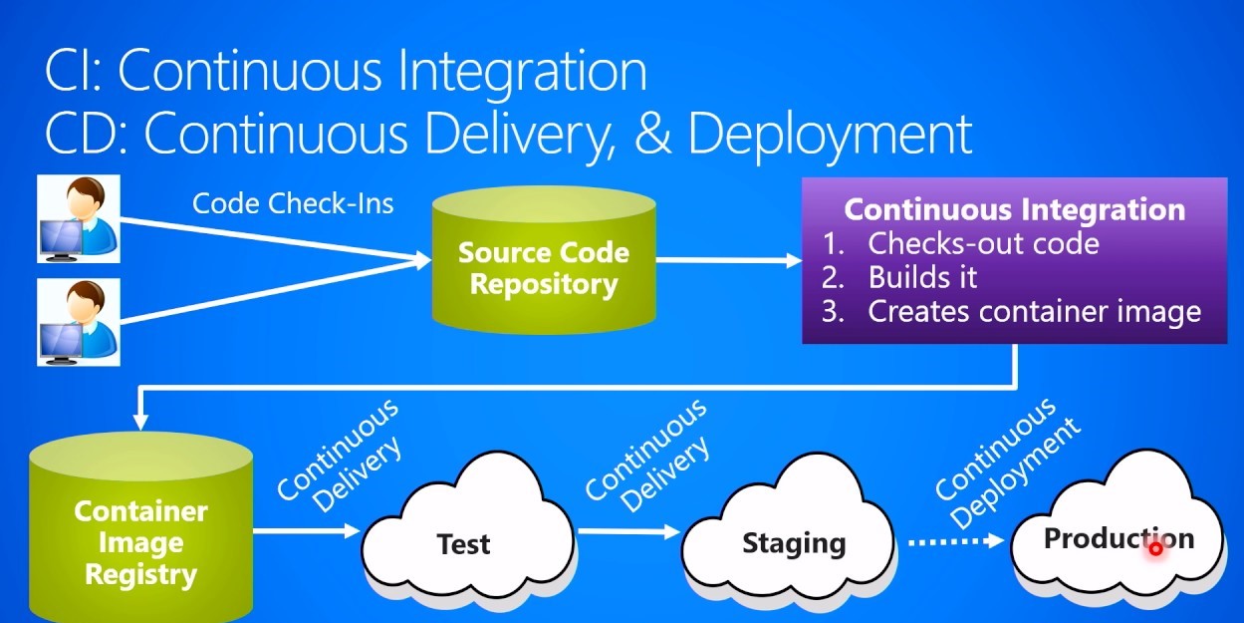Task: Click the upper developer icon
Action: coord(79,218)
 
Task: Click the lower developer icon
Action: coord(79,321)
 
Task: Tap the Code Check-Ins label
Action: coord(293,204)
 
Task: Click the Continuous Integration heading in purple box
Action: coord(1014,210)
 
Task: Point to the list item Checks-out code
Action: coord(983,243)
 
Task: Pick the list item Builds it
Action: coord(922,276)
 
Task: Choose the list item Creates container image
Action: coord(1034,311)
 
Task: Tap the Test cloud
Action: coord(464,544)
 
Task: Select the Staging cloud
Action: coord(794,543)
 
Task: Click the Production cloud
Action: coord(1118,539)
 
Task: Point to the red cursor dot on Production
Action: coord(1155,548)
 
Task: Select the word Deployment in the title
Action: coord(829,135)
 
